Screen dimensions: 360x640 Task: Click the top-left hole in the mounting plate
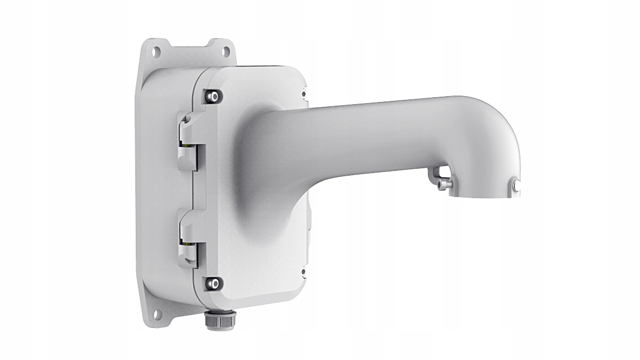tap(157, 51)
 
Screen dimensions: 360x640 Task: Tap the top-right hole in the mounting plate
tap(226, 51)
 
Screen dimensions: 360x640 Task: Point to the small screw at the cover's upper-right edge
tap(304, 94)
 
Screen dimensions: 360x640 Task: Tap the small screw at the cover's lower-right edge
tap(303, 272)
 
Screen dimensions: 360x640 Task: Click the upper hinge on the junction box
tap(188, 142)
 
